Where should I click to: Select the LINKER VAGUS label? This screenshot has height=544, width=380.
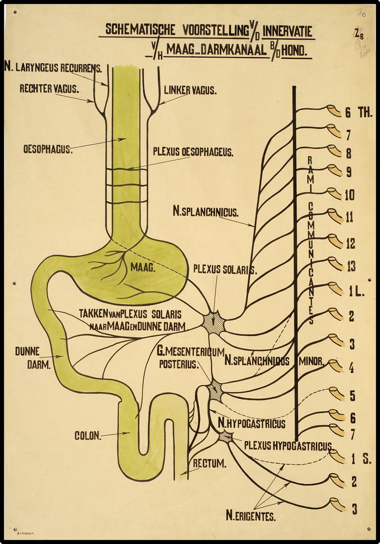(x=190, y=90)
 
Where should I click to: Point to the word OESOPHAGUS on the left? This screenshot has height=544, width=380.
(x=48, y=149)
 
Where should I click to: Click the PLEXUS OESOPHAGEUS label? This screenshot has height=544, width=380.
(x=193, y=153)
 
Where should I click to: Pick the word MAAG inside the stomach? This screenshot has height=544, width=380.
(x=143, y=267)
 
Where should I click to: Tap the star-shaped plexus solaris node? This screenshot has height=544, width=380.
(x=213, y=323)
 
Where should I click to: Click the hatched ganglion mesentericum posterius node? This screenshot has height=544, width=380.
(x=216, y=390)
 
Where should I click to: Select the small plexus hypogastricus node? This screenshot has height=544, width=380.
(x=225, y=436)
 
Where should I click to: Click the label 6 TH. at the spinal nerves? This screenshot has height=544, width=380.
(x=357, y=113)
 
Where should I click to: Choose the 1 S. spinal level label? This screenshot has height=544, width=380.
(x=360, y=460)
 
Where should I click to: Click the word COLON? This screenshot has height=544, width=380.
(x=88, y=436)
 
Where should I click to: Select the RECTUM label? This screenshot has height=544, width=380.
(x=210, y=464)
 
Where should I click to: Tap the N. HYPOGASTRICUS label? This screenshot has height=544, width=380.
(x=250, y=422)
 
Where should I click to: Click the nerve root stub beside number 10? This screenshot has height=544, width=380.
(x=333, y=193)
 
